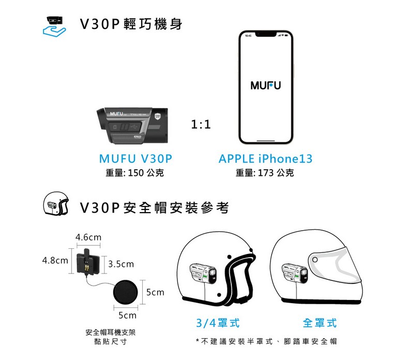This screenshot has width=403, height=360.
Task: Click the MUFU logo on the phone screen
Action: point(265,85)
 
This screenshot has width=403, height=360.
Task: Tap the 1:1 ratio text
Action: point(201,125)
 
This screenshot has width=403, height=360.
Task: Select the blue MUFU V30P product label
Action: point(136,159)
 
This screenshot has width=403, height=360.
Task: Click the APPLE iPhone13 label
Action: point(265,159)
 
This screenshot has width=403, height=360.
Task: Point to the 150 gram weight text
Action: point(135,173)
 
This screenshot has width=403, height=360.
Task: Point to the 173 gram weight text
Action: point(265,173)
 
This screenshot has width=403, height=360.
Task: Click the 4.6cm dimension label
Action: point(88,237)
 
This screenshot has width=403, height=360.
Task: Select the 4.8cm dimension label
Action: point(55,260)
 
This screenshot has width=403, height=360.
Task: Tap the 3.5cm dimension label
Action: point(121,264)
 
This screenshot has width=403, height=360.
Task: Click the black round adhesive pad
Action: point(125,292)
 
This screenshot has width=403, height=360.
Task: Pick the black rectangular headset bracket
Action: point(88,262)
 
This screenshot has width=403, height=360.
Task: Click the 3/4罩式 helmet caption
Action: point(218,323)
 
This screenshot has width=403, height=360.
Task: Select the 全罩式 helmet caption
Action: point(320,323)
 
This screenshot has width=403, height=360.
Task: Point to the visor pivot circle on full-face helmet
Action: point(315,260)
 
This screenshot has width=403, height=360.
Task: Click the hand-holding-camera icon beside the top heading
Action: point(54,27)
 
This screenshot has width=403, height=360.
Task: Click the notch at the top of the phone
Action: point(266,34)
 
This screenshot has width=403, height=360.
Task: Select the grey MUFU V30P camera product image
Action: point(132,125)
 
